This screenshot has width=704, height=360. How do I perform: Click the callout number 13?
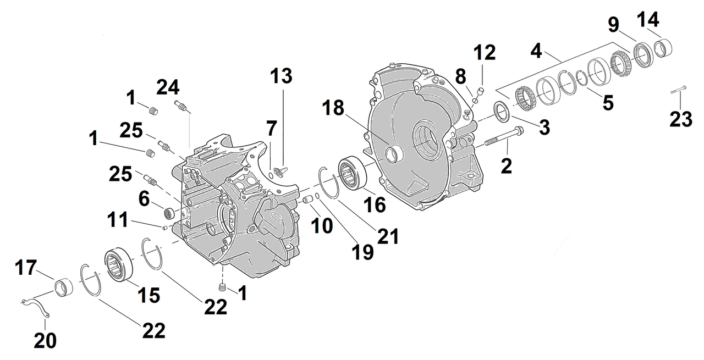click(x=282, y=76)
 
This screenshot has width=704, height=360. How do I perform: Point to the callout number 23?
click(x=680, y=118)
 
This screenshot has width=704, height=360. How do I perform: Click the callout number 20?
click(x=45, y=341)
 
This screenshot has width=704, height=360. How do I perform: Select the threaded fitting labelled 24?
click(x=179, y=104)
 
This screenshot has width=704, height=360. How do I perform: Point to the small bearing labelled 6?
click(x=168, y=212)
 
